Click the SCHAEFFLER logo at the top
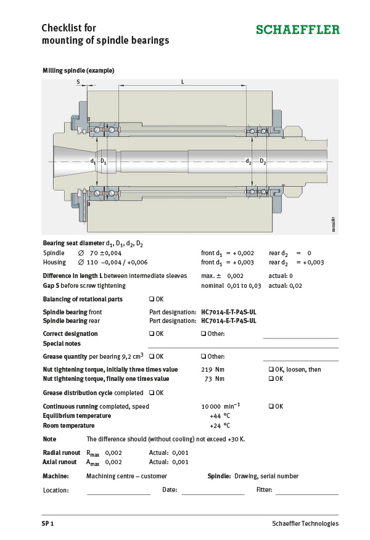click(297, 30)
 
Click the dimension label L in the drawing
click(183, 81)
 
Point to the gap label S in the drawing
click(78, 81)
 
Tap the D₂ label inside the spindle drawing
click(263, 162)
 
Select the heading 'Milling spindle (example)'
click(78, 71)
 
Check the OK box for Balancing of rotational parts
click(152, 299)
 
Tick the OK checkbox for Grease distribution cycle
click(152, 393)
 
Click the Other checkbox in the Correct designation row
click(203, 333)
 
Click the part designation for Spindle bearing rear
click(228, 321)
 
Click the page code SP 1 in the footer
click(48, 523)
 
